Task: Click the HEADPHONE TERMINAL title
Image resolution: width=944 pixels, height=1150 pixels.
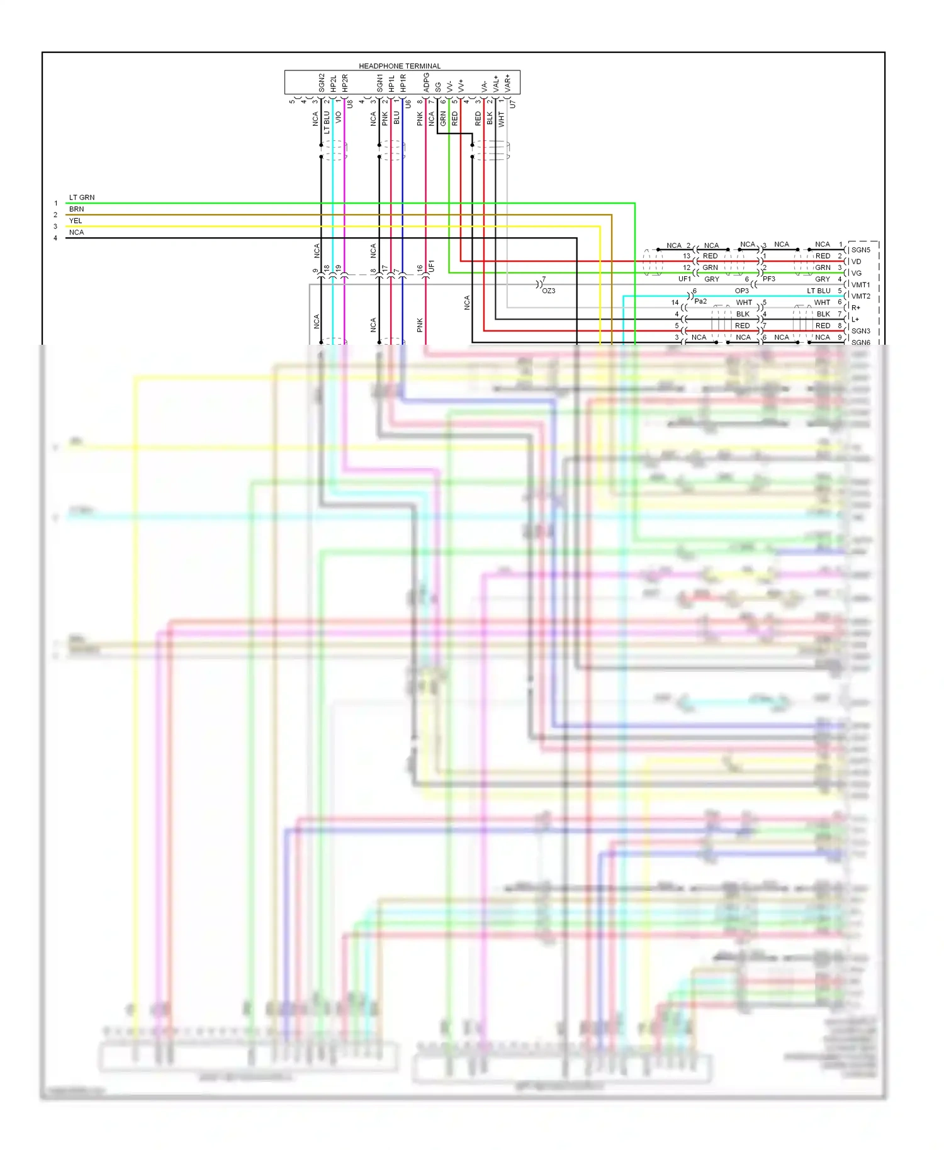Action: (400, 66)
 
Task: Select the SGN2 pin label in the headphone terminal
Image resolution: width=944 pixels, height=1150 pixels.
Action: (322, 82)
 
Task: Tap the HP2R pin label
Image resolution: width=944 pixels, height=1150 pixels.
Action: (345, 82)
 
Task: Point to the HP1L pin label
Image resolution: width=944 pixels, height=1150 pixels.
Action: (391, 83)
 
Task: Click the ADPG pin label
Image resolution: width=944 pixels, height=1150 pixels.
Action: (427, 82)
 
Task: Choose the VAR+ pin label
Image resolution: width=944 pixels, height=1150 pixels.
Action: (508, 83)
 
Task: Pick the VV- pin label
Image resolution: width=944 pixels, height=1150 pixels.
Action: (449, 86)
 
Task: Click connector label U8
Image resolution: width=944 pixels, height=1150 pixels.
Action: (350, 104)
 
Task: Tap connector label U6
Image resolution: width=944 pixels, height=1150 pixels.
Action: (408, 104)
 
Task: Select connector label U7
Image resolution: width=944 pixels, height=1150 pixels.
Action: (512, 104)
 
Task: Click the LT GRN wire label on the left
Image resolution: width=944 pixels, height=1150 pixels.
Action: (82, 198)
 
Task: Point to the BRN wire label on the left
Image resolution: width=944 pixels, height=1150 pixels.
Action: (76, 209)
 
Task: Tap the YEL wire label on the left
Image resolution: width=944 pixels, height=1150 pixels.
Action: (76, 221)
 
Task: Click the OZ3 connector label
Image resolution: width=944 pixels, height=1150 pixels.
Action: (549, 291)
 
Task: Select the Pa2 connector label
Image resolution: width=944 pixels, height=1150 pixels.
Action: (700, 301)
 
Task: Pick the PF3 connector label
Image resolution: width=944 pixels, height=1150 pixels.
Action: (769, 279)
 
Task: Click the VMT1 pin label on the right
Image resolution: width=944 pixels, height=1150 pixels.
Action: (860, 285)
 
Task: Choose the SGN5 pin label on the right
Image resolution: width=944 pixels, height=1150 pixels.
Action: (860, 250)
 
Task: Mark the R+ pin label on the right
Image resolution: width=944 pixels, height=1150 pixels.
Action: (856, 308)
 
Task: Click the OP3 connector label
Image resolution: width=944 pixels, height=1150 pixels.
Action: (742, 291)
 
